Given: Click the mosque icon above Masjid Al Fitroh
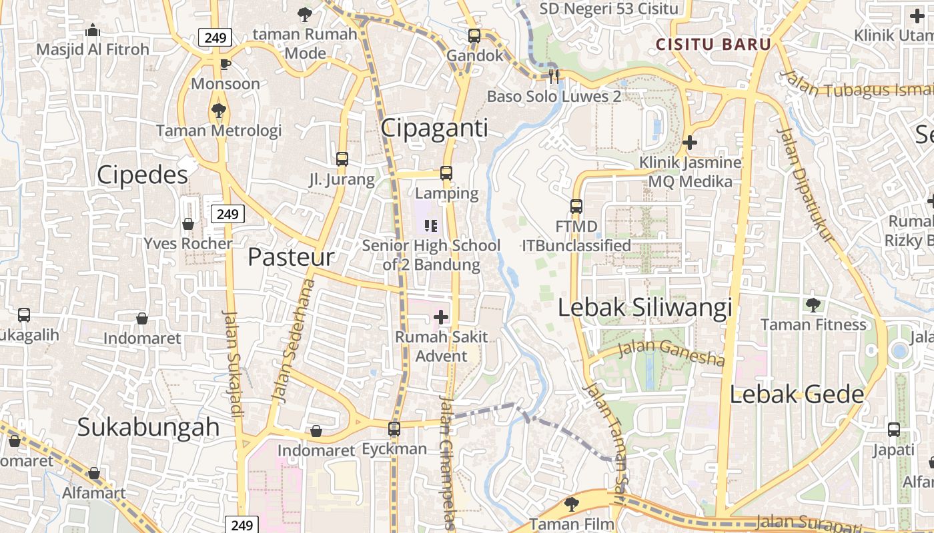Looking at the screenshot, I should coord(93,30).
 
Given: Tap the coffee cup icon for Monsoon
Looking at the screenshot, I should coord(225,64).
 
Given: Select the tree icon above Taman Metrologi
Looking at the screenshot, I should coord(218,110).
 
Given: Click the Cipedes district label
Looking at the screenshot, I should coord(142,175).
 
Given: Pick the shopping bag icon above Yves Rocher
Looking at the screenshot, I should coord(188,224).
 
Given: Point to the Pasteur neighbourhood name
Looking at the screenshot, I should coord(291,257).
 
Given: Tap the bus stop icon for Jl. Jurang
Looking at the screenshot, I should coord(342,159).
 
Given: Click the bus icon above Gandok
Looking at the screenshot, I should coord(474,36).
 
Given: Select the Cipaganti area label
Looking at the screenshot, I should coord(434,128).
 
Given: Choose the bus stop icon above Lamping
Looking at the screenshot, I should coord(446,173).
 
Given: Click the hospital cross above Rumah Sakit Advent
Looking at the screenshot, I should coord(441,317).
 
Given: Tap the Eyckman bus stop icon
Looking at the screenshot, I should coord(394,428).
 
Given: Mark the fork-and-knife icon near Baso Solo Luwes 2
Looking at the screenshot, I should coord(553,76).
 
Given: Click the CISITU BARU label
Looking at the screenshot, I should coord(713,45).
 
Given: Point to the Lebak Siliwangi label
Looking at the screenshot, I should coord(645,308).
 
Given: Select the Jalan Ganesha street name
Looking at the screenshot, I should coord(671,353).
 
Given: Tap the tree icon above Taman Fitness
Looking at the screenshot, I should coord(813,305).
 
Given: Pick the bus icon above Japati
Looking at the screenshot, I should coord(894,430).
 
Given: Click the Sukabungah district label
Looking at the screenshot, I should coord(148,427).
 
